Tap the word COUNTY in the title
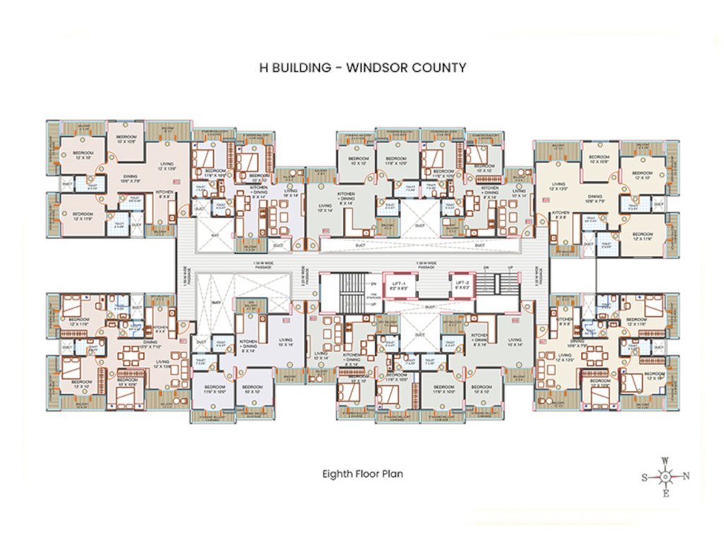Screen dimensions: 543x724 (x=442, y=69)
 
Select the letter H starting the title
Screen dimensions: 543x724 (x=264, y=69)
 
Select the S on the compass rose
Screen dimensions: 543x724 (x=643, y=477)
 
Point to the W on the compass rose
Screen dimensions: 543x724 (x=665, y=460)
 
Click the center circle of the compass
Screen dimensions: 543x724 (x=665, y=477)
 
